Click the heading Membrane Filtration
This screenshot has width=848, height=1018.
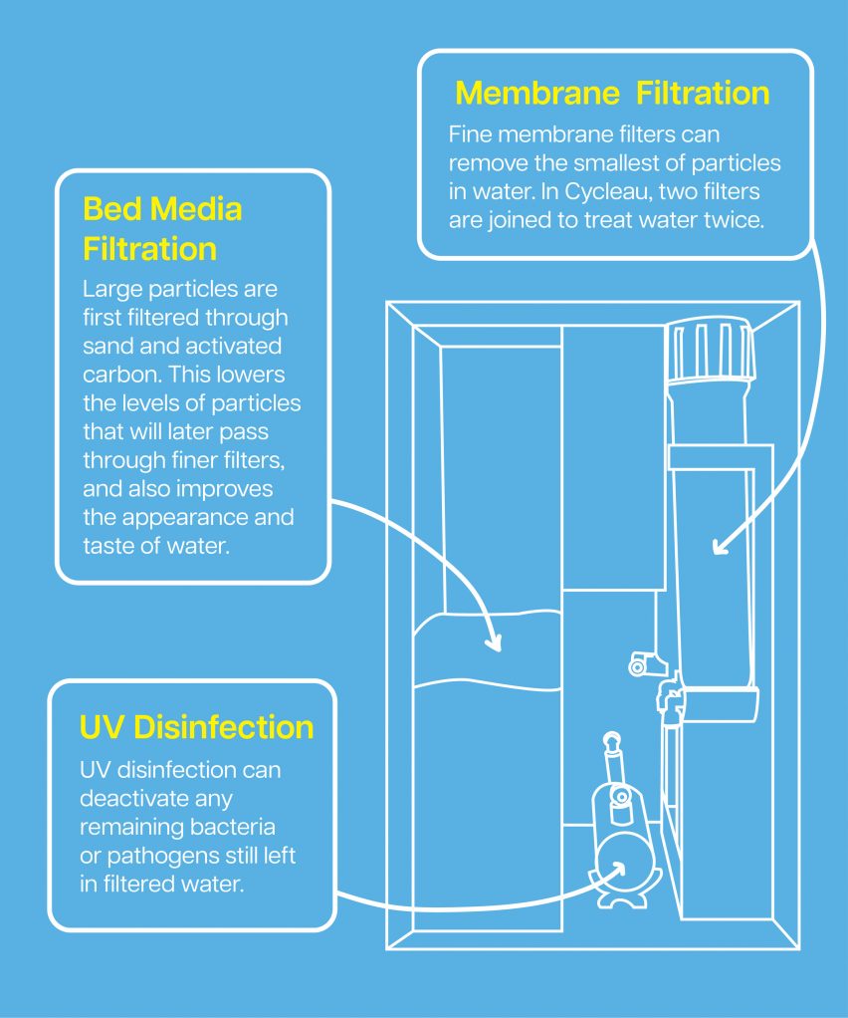[612, 93]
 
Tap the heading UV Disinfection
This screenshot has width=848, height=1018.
[197, 727]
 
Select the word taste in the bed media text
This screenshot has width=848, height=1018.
[106, 546]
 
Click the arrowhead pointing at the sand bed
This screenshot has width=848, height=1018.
[495, 642]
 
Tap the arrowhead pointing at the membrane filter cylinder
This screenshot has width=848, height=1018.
[720, 547]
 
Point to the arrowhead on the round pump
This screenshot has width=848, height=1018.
[617, 870]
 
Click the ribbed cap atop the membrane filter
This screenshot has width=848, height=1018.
[711, 350]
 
